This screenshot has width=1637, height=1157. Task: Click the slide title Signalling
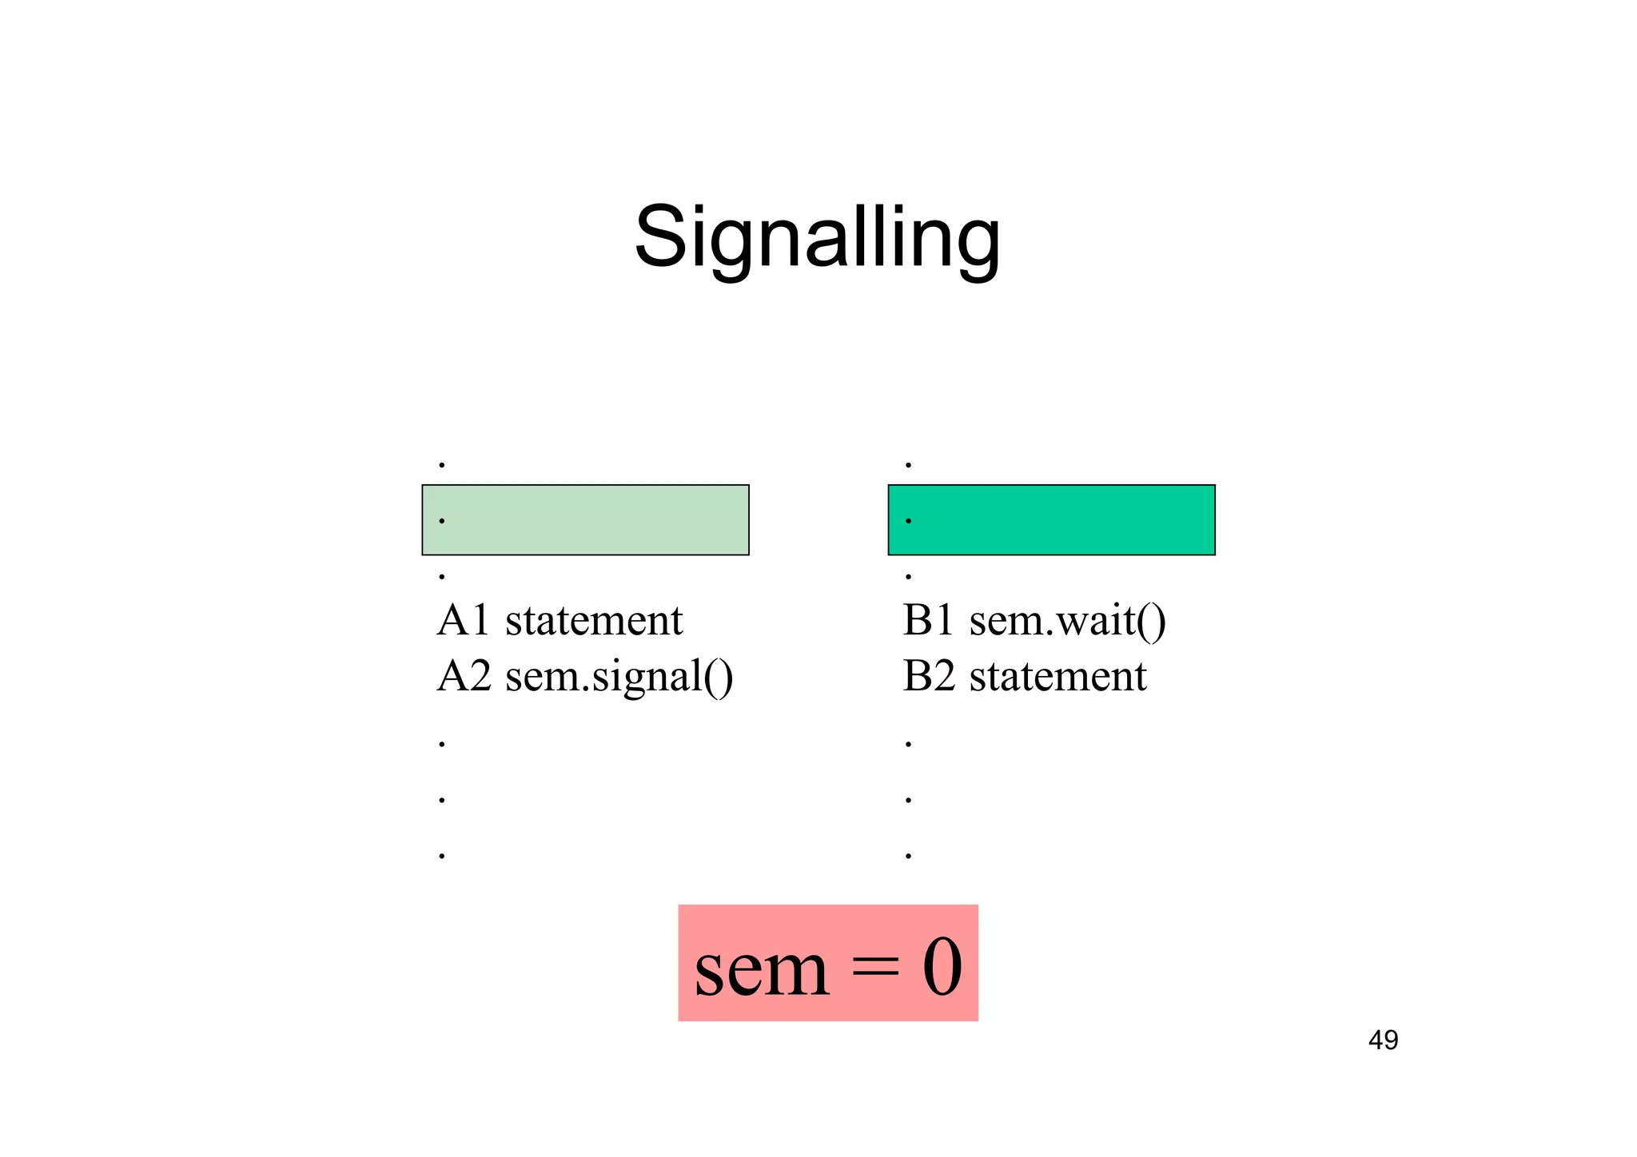[817, 237]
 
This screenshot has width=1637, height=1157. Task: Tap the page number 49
[1383, 1040]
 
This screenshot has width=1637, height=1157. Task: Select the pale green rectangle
[585, 520]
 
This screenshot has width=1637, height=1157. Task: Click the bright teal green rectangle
[1051, 520]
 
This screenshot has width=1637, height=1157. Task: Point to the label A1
[463, 620]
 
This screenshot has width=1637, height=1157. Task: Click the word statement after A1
[594, 620]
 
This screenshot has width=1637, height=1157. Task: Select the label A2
[464, 676]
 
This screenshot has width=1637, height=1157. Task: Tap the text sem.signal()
[619, 678]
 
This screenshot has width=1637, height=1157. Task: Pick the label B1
[928, 620]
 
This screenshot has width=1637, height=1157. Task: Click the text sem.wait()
[1067, 622]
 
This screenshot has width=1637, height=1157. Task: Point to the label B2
[929, 676]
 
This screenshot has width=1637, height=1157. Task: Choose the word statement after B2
[1057, 676]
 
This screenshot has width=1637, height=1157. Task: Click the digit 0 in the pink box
[942, 968]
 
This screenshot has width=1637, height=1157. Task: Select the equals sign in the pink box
[874, 969]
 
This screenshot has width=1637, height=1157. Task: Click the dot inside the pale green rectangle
[442, 521]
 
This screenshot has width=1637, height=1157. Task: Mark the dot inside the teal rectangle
[908, 521]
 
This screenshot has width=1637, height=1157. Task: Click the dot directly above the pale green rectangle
[442, 465]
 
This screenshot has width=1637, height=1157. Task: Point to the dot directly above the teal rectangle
[908, 465]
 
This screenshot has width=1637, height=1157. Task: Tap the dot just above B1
[908, 576]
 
